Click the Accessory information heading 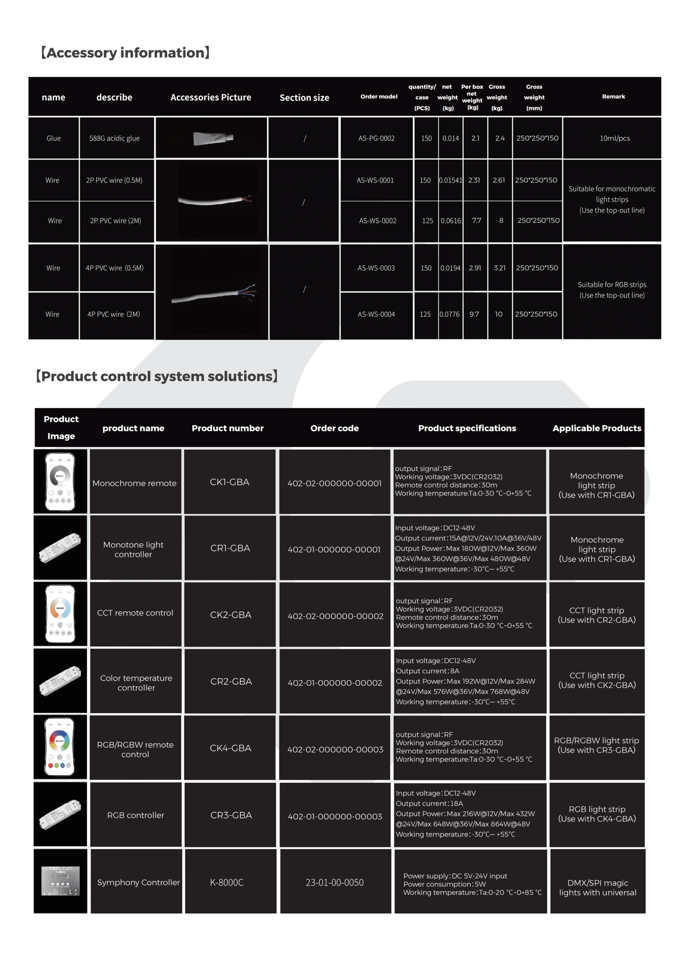[126, 53]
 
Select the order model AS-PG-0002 [376, 138]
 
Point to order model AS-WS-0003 [376, 268]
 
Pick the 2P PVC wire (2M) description [115, 221]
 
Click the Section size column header [304, 97]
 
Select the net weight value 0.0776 [449, 314]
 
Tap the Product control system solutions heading [157, 376]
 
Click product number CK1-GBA [229, 482]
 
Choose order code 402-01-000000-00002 [335, 683]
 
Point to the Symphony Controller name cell [138, 883]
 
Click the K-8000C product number [227, 883]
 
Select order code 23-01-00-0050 [335, 883]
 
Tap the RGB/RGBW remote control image [60, 747]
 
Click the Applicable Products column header [596, 428]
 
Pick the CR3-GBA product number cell [231, 815]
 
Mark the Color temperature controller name [136, 683]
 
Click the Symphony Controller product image [60, 881]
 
